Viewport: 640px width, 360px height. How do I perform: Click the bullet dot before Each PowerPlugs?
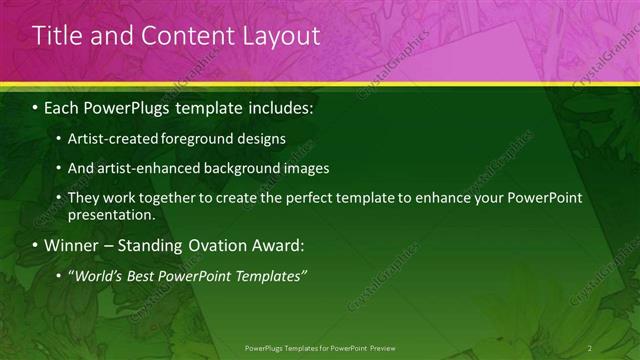pos(36,106)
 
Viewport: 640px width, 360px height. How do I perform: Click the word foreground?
pos(190,137)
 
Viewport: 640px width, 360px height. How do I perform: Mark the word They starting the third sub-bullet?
pos(83,199)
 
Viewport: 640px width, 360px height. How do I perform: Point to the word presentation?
pos(111,214)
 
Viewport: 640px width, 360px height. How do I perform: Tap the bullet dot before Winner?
pos(36,244)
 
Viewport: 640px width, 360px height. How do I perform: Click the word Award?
pos(275,244)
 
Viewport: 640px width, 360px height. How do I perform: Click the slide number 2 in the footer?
pos(590,347)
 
